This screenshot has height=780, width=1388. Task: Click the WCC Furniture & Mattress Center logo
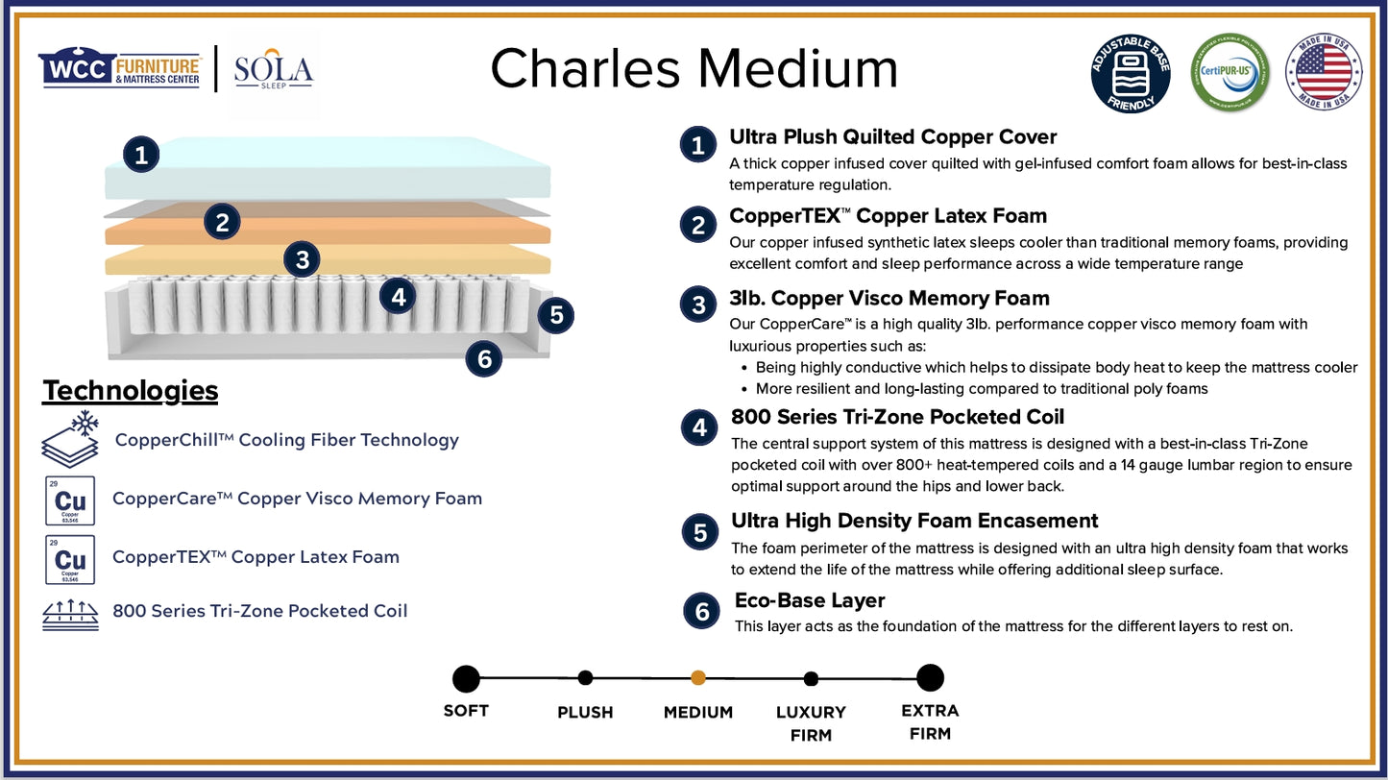(x=120, y=69)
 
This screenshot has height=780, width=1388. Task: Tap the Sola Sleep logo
(x=274, y=70)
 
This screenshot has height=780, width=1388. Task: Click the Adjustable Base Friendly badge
(x=1131, y=73)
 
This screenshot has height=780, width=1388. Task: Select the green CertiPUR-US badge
(x=1230, y=73)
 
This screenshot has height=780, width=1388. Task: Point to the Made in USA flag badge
(x=1323, y=72)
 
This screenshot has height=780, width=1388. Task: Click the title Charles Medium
(x=694, y=69)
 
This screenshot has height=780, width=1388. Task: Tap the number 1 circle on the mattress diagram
(x=141, y=154)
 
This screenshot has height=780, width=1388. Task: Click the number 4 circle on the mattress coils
(x=398, y=297)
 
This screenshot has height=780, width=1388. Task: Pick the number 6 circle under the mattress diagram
(x=484, y=358)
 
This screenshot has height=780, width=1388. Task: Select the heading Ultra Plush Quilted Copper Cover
(x=892, y=136)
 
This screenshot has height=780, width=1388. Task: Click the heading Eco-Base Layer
(x=809, y=600)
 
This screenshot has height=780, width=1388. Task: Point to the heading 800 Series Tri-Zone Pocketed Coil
(x=897, y=417)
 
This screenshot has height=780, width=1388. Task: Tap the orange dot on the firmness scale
(x=698, y=678)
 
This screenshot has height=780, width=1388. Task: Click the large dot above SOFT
(x=466, y=679)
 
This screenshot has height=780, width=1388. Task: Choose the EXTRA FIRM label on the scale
(x=929, y=722)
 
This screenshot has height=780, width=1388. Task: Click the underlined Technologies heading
(x=131, y=391)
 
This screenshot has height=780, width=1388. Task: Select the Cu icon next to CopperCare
(x=70, y=500)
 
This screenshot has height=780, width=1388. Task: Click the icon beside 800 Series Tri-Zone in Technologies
(x=70, y=612)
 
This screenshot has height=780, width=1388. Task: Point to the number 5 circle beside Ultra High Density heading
(x=700, y=533)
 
